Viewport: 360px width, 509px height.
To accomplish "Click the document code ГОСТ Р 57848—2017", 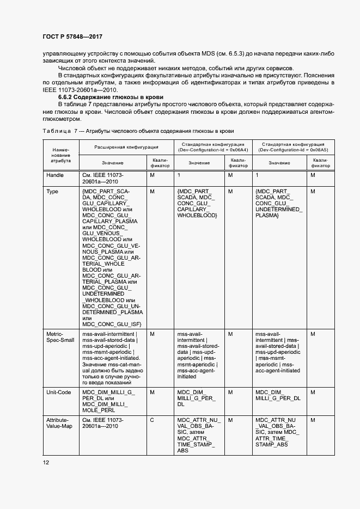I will (72, 36).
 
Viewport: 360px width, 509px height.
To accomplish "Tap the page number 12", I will (46, 462).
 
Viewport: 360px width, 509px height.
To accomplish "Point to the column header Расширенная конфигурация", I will (126, 147).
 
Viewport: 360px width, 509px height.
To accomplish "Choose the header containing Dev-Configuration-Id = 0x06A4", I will (211, 147).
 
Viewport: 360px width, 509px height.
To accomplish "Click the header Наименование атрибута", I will (60, 155).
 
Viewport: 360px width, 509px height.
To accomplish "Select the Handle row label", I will (56, 175).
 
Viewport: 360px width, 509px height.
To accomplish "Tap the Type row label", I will (52, 192).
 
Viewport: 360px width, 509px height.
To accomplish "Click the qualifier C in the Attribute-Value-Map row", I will (151, 421).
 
